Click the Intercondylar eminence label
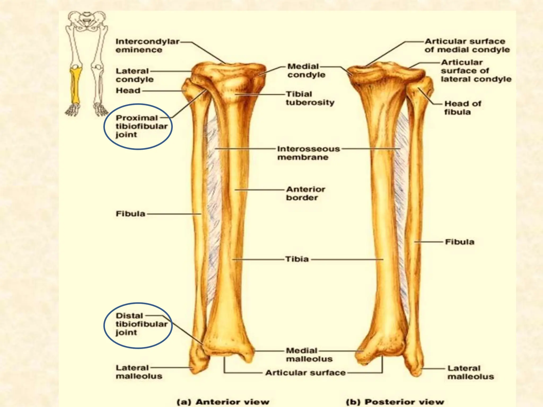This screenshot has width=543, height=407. click(147, 46)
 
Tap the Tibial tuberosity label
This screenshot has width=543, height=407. click(310, 98)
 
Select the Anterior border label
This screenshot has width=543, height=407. click(305, 193)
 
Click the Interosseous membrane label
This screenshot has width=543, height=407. click(308, 153)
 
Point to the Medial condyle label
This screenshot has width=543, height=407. click(306, 70)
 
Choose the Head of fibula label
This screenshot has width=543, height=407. click(463, 108)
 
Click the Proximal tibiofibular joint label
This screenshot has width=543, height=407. click(141, 126)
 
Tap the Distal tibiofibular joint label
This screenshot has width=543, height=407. click(141, 324)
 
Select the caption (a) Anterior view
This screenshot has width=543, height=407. click(223, 402)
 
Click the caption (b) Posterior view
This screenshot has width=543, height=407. click(395, 402)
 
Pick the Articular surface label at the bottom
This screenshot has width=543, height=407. click(305, 373)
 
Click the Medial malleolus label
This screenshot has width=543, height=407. click(309, 355)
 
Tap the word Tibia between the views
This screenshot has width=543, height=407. click(297, 259)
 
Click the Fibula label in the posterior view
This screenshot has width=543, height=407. click(459, 242)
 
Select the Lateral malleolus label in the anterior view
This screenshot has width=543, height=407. click(139, 372)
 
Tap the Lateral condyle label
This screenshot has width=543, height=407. click(134, 75)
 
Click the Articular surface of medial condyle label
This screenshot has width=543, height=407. click(467, 46)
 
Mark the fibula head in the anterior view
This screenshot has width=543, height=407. click(189, 89)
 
